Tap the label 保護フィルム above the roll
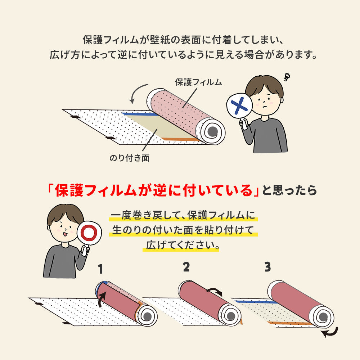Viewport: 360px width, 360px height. coord(198,82)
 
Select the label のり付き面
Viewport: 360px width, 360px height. coord(129,158)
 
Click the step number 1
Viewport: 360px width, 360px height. coord(100,269)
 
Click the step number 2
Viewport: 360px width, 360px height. coord(186,267)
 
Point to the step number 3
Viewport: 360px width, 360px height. coord(267,267)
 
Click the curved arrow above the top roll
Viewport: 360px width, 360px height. coord(137,93)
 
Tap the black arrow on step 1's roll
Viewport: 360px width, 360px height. coord(102,298)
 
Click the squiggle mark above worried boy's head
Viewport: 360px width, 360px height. coord(287,76)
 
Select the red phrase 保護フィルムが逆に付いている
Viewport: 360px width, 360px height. coord(154,190)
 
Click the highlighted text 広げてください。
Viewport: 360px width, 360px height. coord(183,246)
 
